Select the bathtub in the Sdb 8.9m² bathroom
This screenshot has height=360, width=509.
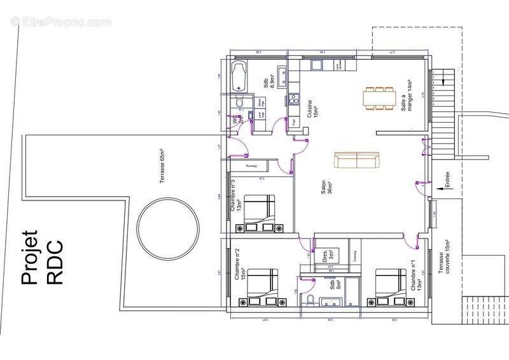point(239,76)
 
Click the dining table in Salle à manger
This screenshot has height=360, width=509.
point(381,98)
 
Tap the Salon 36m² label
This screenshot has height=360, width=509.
point(326,188)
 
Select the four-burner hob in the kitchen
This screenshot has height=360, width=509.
point(294,99)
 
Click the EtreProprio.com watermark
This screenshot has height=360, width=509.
point(60,22)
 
